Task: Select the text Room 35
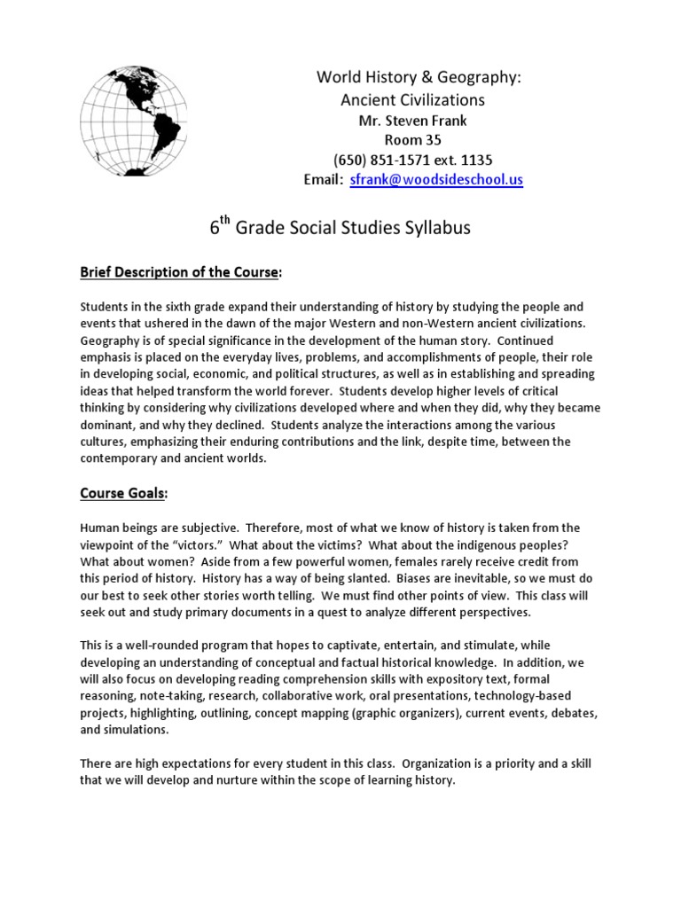coord(412,141)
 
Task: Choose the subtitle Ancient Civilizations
coord(412,99)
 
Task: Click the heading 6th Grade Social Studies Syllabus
coord(340,228)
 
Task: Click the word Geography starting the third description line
coord(112,341)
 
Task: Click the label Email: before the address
coord(323,179)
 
